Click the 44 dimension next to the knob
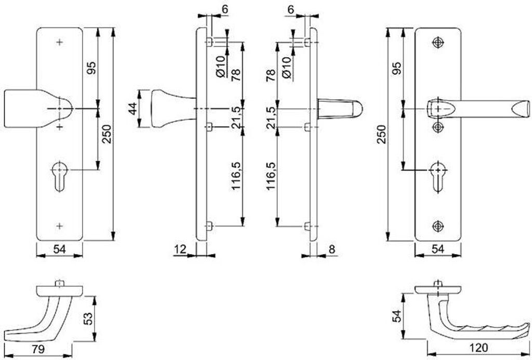133,109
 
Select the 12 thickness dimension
180,249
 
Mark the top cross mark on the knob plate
60,42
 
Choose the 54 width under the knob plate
59,249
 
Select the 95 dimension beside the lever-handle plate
397,68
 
